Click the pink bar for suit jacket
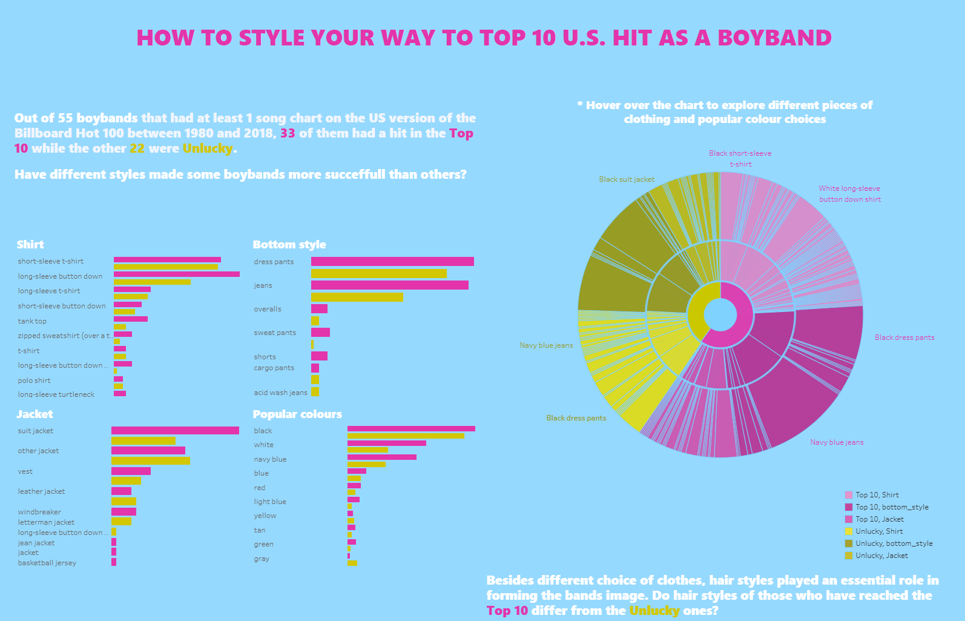click(175, 431)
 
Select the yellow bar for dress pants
click(378, 273)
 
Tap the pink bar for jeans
click(389, 285)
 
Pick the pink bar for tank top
click(130, 319)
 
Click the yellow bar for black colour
click(406, 436)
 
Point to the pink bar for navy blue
click(381, 457)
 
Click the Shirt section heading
click(30, 245)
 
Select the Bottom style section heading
click(289, 245)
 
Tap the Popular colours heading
click(297, 414)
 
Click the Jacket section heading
click(35, 414)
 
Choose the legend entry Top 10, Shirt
click(877, 495)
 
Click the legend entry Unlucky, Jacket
click(881, 556)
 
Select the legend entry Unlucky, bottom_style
click(894, 543)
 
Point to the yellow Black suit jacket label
click(627, 179)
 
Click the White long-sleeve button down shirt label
click(850, 194)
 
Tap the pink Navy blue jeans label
click(837, 442)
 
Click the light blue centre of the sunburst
click(720, 315)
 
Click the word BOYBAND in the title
click(774, 38)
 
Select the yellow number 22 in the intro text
click(137, 148)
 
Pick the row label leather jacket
click(41, 491)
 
